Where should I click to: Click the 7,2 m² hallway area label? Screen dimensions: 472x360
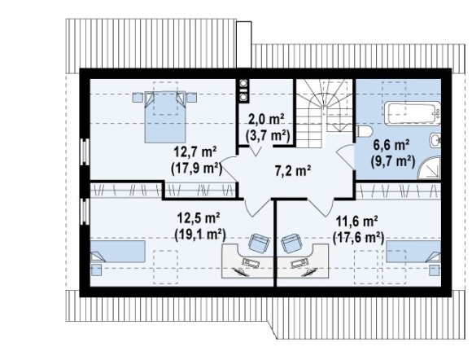click(x=293, y=171)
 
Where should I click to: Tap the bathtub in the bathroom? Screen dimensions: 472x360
click(x=413, y=113)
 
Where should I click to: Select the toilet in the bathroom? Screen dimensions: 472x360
click(x=364, y=132)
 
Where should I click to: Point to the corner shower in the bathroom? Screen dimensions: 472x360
click(x=430, y=168)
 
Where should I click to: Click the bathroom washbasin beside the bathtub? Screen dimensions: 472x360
click(x=435, y=140)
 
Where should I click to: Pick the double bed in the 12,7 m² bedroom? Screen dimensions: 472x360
click(x=165, y=117)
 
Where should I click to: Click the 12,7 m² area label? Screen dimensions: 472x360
click(x=195, y=151)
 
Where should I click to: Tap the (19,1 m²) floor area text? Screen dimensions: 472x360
click(x=200, y=234)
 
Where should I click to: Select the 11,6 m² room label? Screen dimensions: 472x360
click(x=357, y=222)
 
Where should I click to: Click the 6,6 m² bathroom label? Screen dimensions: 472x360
click(x=391, y=146)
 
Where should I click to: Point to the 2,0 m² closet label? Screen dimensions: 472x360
click(x=267, y=120)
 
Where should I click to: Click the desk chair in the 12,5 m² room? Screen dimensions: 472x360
click(x=259, y=244)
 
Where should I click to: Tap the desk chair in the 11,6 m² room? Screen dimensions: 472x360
click(x=291, y=244)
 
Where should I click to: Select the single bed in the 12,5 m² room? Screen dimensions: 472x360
click(x=118, y=251)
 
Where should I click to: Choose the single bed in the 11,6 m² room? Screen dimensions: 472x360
click(x=413, y=251)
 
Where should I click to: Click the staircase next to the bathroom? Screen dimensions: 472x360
click(x=325, y=113)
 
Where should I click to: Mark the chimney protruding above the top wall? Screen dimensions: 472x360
click(x=244, y=45)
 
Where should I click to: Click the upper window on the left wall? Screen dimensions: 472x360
click(x=85, y=151)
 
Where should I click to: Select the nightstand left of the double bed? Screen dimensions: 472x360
click(x=138, y=98)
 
